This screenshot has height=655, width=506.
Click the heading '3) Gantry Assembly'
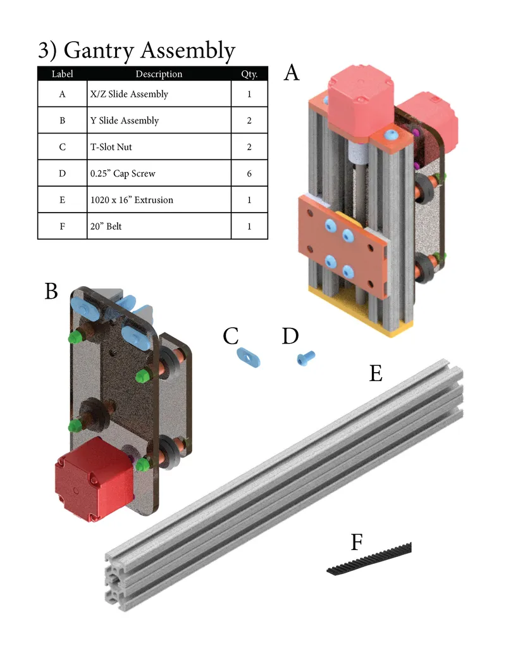(x=136, y=50)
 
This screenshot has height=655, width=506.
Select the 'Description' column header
(x=159, y=74)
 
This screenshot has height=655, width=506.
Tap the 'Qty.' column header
(x=249, y=74)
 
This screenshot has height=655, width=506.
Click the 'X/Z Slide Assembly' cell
(x=130, y=94)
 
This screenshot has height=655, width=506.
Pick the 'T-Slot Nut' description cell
(x=111, y=147)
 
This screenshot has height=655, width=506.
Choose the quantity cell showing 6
(x=249, y=173)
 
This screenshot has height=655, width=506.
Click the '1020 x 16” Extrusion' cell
(x=132, y=200)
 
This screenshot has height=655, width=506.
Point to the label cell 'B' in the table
(x=62, y=120)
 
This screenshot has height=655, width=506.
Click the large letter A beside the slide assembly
(x=291, y=73)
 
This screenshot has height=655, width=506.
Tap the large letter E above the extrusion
(x=376, y=374)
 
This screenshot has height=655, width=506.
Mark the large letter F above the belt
(x=357, y=542)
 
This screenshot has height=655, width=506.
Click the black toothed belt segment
(x=369, y=561)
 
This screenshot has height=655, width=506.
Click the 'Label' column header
(x=62, y=74)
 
